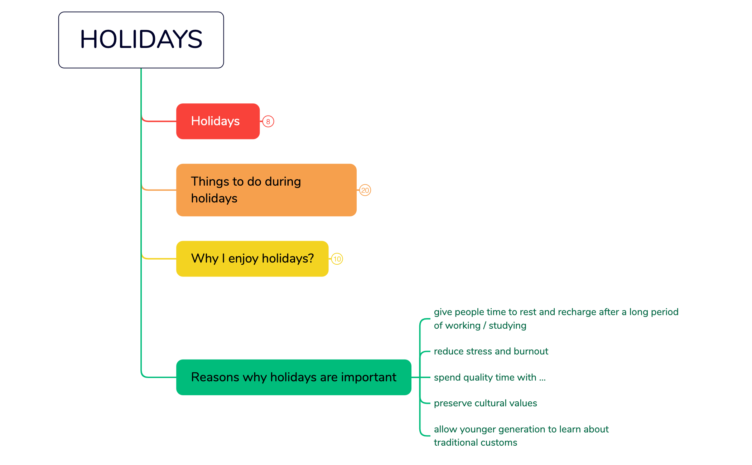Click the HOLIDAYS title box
point(141,40)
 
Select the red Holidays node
point(218,121)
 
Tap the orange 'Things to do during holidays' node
point(266,190)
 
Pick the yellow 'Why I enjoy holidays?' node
point(252,259)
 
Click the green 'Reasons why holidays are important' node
point(294,377)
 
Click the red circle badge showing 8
point(268,122)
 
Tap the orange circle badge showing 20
point(365,190)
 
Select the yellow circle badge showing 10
point(337,259)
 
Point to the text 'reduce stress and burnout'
point(491,351)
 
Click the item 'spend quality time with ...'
point(490,377)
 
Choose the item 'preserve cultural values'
point(485,403)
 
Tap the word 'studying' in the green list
point(507,326)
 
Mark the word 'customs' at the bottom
point(501,443)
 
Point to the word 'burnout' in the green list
point(531,351)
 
